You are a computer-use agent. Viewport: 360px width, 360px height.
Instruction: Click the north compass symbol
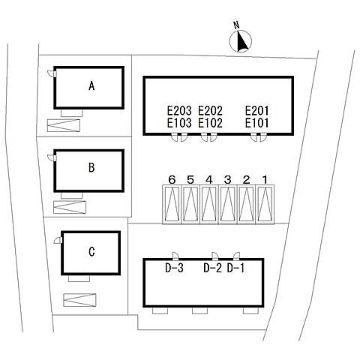coord(241,41)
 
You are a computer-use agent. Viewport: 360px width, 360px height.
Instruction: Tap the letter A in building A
coord(91,86)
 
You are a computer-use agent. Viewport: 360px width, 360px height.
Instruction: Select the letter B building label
coord(91,167)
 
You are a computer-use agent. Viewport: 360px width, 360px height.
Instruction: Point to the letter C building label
coord(91,251)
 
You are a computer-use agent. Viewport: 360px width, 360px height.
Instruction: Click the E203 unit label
coord(179,110)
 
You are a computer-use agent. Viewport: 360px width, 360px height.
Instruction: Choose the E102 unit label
coord(210,123)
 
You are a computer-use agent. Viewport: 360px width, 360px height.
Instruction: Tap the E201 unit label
coord(257,110)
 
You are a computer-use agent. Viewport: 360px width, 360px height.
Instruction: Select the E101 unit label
coord(257,123)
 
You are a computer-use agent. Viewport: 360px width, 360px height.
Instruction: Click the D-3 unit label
coord(174,268)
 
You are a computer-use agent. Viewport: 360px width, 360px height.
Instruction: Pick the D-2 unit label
coord(212,268)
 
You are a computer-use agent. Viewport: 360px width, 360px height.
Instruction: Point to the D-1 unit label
coord(235,268)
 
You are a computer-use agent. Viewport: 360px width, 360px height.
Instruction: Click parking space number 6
coord(172,205)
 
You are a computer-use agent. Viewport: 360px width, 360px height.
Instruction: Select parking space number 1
coord(265,205)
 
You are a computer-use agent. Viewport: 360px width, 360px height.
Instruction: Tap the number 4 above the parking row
coord(209,179)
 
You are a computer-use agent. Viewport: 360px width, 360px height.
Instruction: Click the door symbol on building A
coord(52,73)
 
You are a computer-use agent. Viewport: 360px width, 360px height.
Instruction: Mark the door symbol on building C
coord(58,240)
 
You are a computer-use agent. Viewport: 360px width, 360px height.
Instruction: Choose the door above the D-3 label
coord(175,256)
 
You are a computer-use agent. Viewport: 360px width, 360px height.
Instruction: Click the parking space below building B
coord(70,207)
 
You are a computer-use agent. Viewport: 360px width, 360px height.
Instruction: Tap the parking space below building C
coord(79,300)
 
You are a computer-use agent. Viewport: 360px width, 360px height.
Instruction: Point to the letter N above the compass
coord(236,25)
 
